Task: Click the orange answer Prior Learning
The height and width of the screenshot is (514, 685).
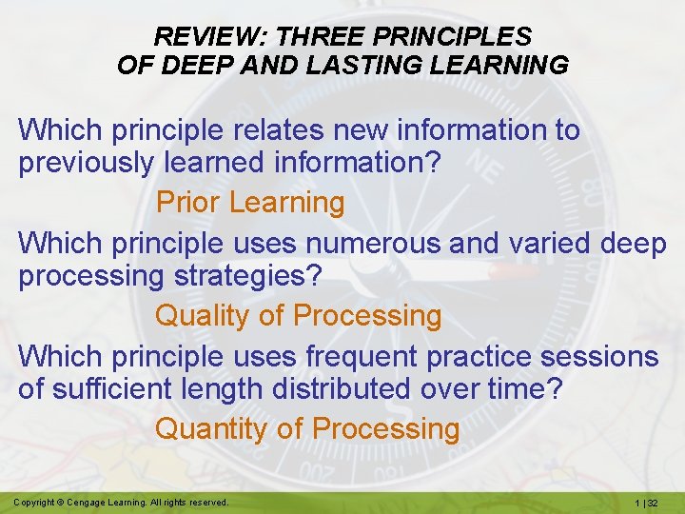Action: click(x=249, y=202)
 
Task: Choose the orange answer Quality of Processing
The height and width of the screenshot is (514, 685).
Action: click(x=298, y=315)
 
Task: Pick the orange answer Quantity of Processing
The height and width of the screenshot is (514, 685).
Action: click(x=306, y=428)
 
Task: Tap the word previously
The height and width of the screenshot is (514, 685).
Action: click(x=86, y=164)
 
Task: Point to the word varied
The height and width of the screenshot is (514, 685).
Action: click(x=545, y=243)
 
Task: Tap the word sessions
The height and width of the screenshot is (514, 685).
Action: click(x=598, y=356)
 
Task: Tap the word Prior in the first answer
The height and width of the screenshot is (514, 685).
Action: click(x=188, y=202)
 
